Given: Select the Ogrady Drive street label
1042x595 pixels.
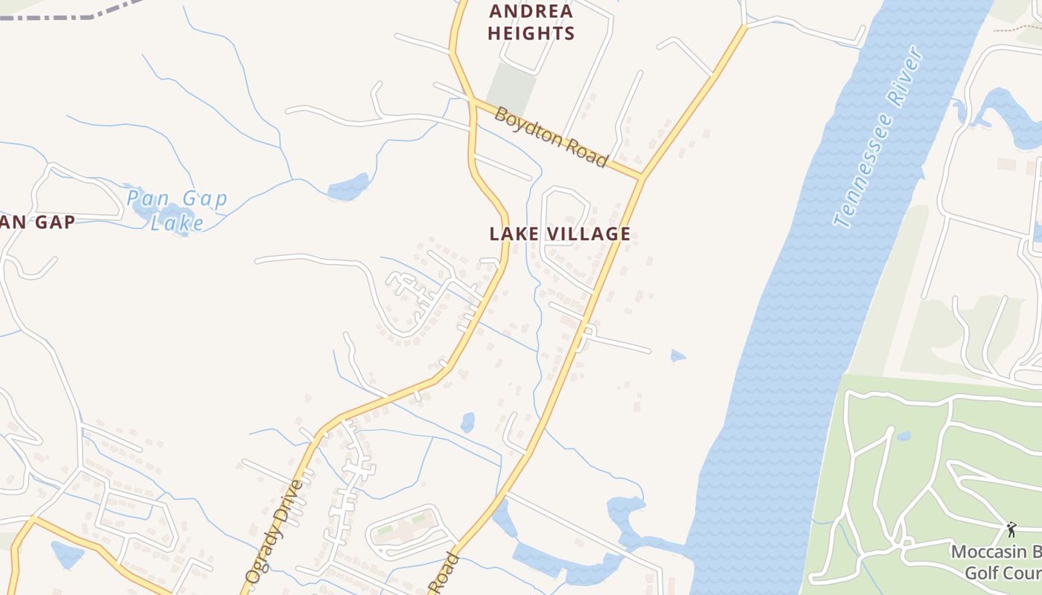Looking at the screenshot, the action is tap(275, 530).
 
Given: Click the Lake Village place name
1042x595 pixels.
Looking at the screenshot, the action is tap(560, 234).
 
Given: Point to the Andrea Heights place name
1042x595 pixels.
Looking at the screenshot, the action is tap(531, 22).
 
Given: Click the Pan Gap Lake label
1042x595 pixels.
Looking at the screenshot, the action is tap(176, 210).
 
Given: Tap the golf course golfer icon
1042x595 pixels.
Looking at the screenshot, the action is tap(1011, 530).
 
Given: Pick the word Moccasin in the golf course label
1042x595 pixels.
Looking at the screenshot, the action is tap(990, 553).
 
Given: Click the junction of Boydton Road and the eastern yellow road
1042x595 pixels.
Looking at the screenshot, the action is tap(642, 178).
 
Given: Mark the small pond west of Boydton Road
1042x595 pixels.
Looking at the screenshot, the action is tap(348, 187).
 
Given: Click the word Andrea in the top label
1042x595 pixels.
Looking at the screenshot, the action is tap(531, 11).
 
